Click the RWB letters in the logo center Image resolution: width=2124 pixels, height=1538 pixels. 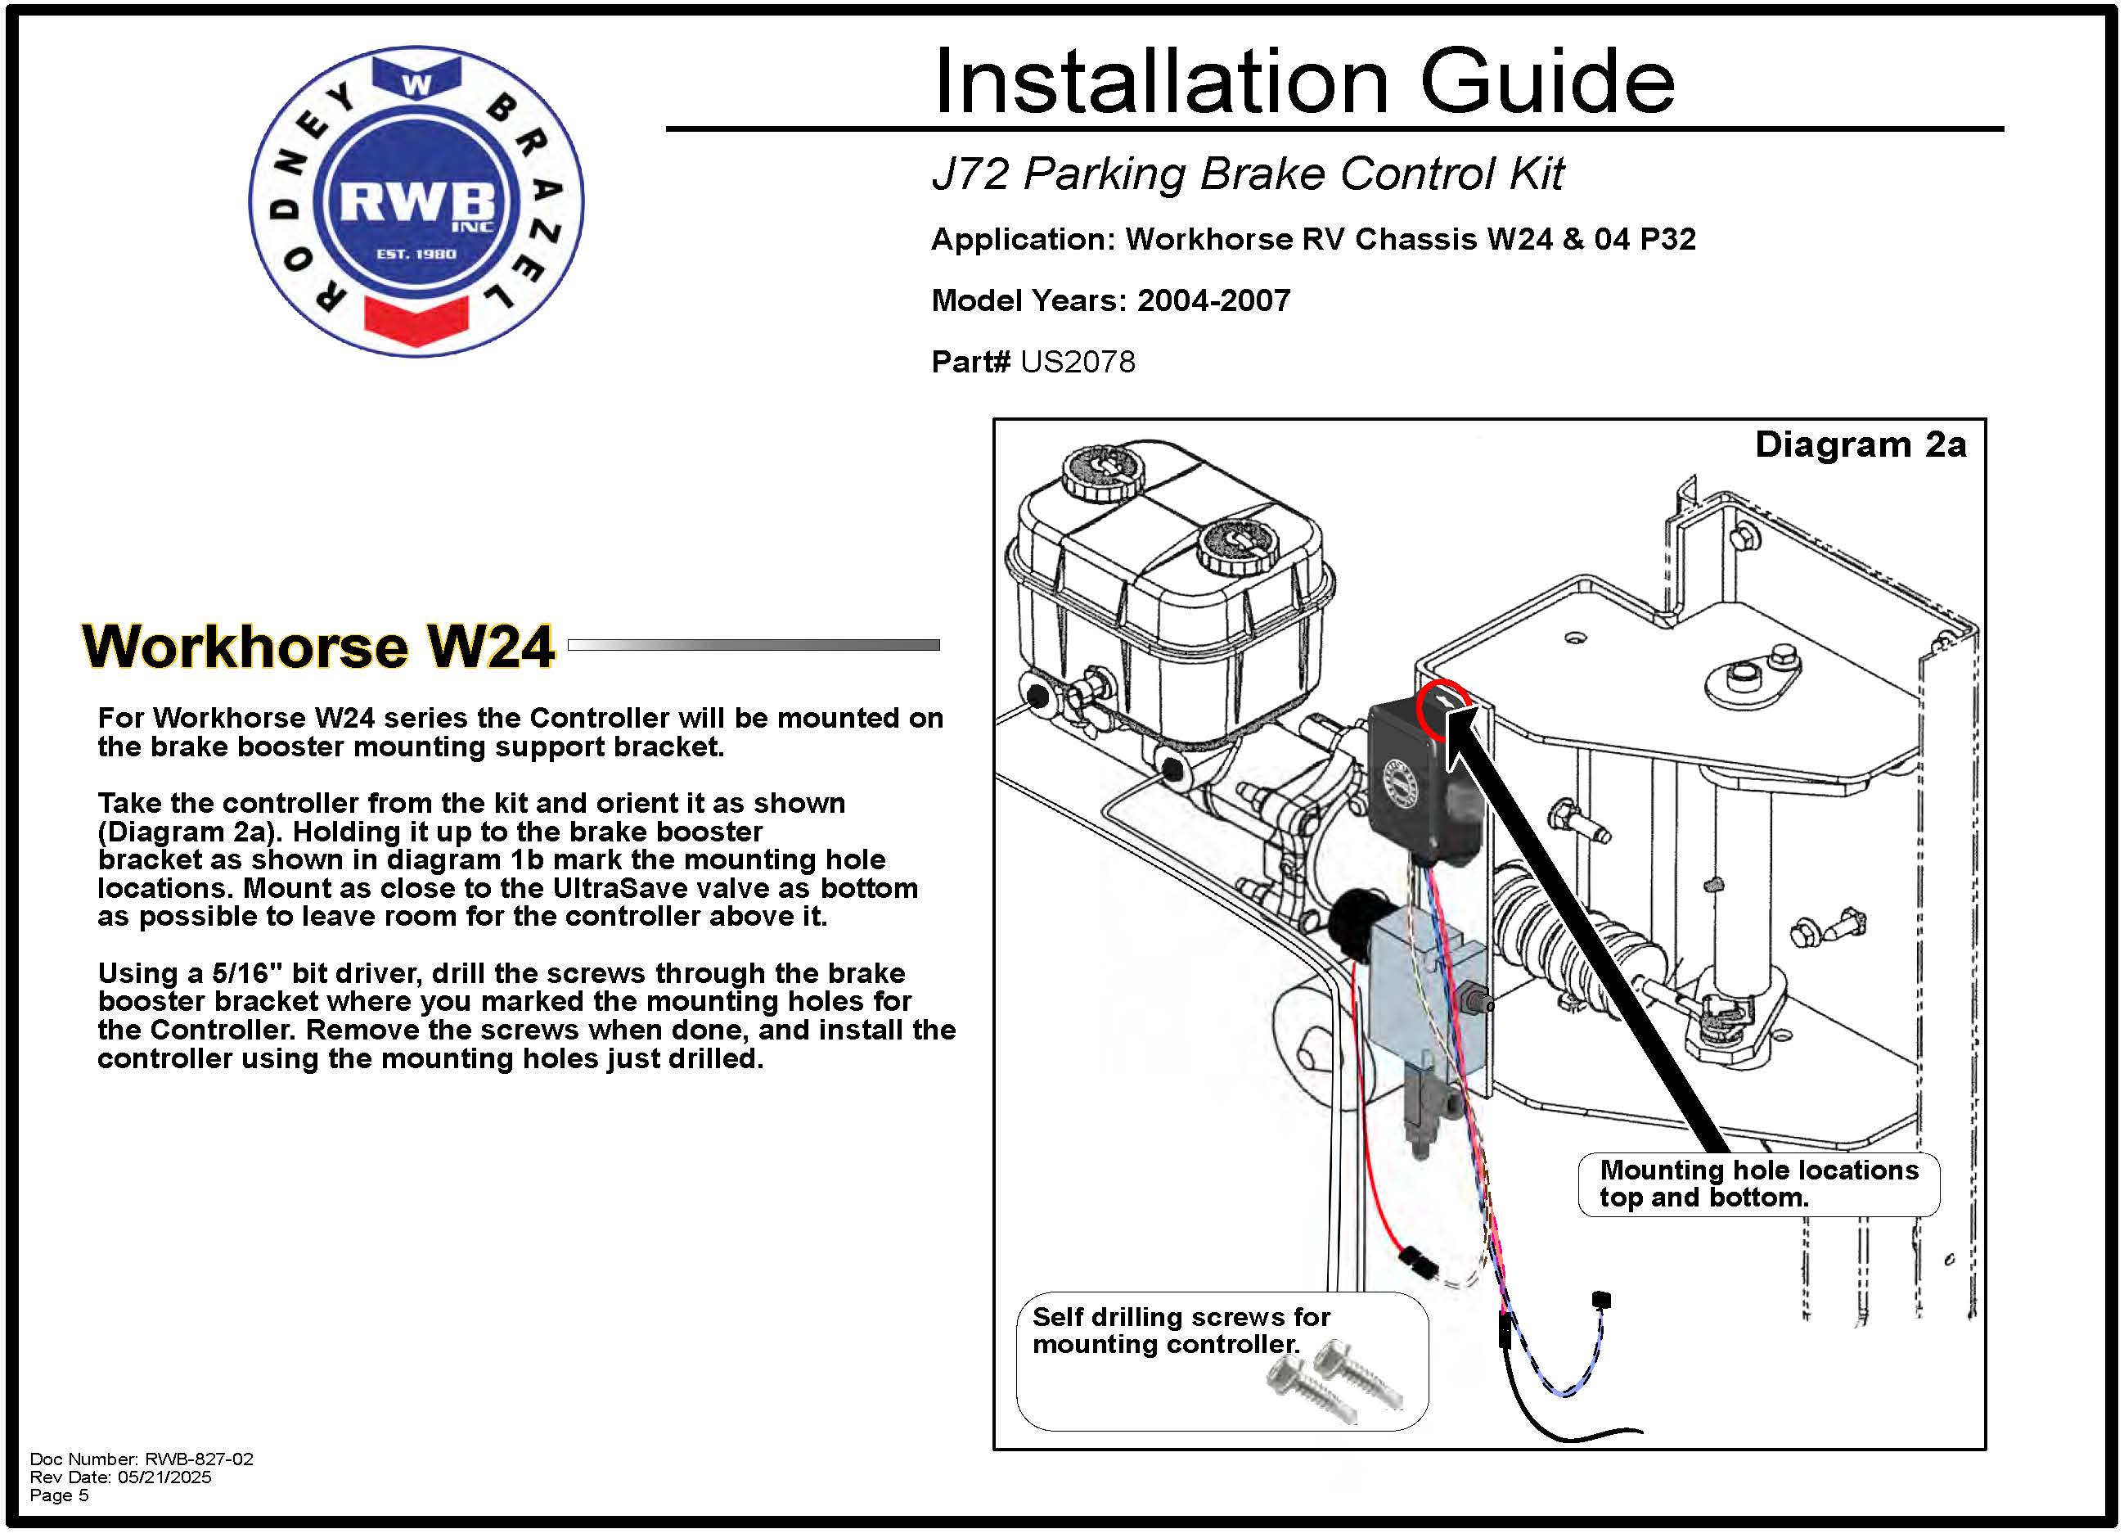point(415,201)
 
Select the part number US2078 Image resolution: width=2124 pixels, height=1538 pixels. point(1077,362)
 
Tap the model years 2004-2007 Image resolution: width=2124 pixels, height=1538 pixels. point(1213,300)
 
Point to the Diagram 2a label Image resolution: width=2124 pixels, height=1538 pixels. point(1859,445)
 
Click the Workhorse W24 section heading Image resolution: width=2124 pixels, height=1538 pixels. point(318,647)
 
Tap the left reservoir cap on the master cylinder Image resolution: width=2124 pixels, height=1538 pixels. point(1102,471)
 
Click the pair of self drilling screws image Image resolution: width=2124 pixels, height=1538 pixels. point(1334,1382)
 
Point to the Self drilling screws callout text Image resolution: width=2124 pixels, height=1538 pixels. point(1180,1330)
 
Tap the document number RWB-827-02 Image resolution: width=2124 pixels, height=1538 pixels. point(199,1459)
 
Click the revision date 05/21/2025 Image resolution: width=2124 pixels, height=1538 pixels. point(164,1477)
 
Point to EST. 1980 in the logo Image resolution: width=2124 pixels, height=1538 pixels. point(416,254)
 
